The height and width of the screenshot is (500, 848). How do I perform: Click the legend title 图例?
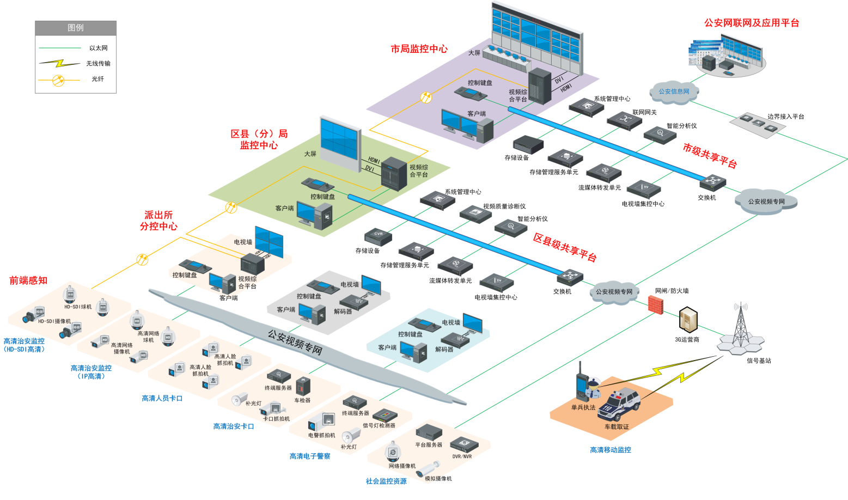76,28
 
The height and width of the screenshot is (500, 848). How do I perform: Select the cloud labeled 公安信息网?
674,92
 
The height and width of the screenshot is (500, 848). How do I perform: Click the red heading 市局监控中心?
419,49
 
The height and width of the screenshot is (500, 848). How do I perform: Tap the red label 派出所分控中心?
158,221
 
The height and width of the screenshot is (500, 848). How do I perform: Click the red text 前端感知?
28,281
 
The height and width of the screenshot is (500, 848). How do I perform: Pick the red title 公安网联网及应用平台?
751,23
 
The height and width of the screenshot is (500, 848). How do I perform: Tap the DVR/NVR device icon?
462,444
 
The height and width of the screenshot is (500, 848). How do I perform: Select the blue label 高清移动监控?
611,450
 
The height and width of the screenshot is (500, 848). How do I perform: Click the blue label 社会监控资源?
386,481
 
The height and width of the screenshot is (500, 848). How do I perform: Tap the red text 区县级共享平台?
565,247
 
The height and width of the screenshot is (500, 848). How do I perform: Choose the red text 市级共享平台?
710,156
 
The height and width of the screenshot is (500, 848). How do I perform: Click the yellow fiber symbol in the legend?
58,80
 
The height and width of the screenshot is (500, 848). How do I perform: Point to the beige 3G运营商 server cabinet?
689,320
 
